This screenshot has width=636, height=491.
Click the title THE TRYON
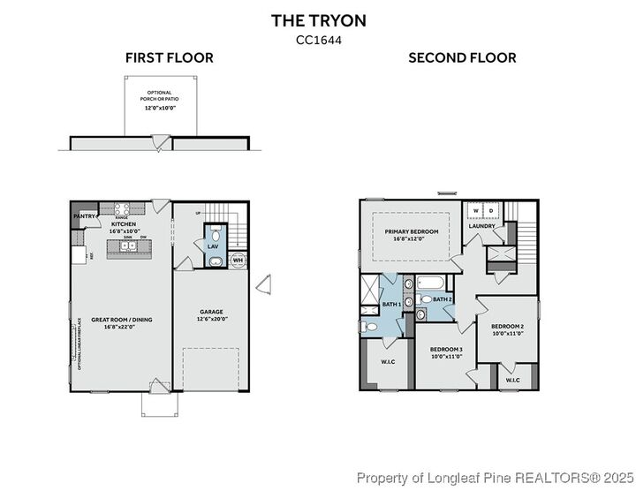(317, 20)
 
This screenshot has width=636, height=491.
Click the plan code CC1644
(317, 39)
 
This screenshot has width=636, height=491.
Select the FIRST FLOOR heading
(169, 58)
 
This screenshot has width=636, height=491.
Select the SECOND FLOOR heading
(462, 58)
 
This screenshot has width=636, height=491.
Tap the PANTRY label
(85, 215)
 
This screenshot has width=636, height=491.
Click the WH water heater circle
(238, 260)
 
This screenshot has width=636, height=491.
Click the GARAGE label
(210, 312)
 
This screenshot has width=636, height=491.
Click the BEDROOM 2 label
(508, 327)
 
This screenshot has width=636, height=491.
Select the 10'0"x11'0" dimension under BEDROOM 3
(446, 356)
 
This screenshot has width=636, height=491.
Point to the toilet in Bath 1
(371, 326)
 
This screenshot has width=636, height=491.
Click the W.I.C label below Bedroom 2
(513, 380)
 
